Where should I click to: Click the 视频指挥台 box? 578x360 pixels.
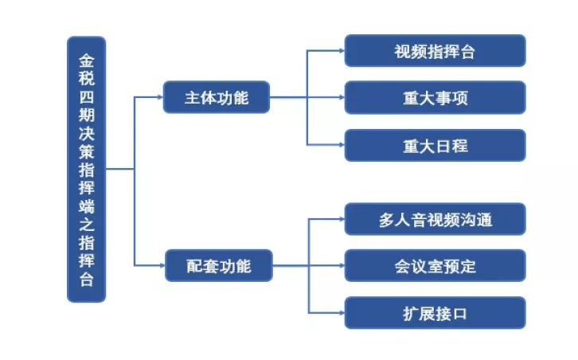tap(435, 51)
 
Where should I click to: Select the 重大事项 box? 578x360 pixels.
tap(435, 98)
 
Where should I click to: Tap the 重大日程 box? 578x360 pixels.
tap(435, 145)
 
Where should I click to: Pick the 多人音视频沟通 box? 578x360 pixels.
tap(435, 219)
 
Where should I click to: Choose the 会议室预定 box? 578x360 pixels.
tap(435, 265)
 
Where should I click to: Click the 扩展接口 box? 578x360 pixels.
tap(435, 312)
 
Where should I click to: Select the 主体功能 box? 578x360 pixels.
tap(217, 98)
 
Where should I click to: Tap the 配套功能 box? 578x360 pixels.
tap(218, 265)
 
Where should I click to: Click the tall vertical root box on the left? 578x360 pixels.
tap(86, 169)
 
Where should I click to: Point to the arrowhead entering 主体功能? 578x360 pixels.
tap(158, 98)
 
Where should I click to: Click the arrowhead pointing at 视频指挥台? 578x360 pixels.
tap(340, 51)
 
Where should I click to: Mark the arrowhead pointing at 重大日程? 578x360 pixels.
tap(340, 145)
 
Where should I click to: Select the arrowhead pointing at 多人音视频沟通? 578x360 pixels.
tap(340, 219)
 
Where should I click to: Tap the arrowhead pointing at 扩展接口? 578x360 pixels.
tap(340, 312)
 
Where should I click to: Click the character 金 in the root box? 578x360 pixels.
tap(86, 60)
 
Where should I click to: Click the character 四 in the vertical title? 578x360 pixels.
tap(86, 96)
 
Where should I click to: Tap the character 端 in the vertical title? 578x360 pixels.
tap(86, 224)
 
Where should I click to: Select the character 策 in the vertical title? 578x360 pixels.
tap(86, 151)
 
